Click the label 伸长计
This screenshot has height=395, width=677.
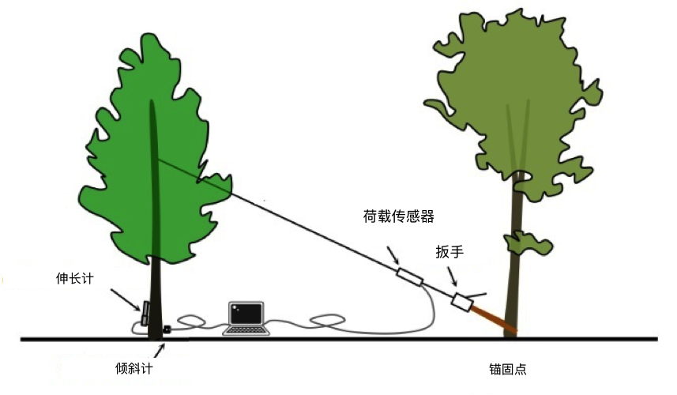pos(74,278)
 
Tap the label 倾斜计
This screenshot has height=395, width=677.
pos(134,368)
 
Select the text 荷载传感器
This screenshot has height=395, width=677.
pos(398,216)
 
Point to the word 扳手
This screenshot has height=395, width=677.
pos(449,253)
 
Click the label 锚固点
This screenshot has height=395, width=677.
pos(507,369)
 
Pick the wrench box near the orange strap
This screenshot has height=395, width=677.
pos(461,302)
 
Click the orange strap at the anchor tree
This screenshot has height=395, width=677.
pos(494,319)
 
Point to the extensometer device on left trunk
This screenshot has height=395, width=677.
pos(145,312)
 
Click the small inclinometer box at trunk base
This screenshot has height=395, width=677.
pos(167,329)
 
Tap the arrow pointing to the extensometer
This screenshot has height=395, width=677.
pos(124,299)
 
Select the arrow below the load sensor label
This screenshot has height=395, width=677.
pos(393,257)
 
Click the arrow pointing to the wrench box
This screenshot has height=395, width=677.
pos(452,276)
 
